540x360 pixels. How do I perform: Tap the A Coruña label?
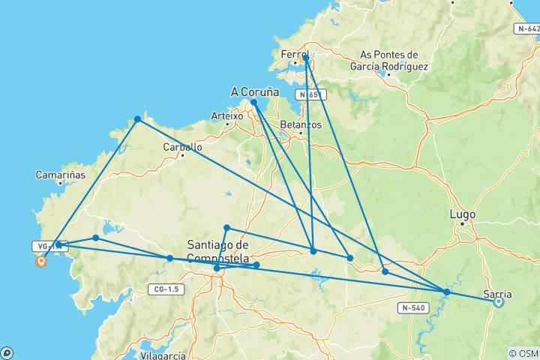(254, 91)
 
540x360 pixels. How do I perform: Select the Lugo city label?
(462, 214)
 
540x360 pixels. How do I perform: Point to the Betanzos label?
(299, 124)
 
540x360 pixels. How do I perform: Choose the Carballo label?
(182, 147)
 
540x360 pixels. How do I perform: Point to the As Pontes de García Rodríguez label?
(393, 61)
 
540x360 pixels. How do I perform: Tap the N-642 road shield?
(527, 28)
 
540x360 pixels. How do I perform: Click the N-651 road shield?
(310, 95)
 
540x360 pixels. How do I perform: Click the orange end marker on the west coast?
(40, 261)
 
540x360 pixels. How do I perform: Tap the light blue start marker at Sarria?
(499, 302)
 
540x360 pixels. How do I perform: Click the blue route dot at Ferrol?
(306, 58)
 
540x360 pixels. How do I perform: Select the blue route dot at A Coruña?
(254, 102)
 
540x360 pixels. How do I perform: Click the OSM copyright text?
(523, 353)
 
